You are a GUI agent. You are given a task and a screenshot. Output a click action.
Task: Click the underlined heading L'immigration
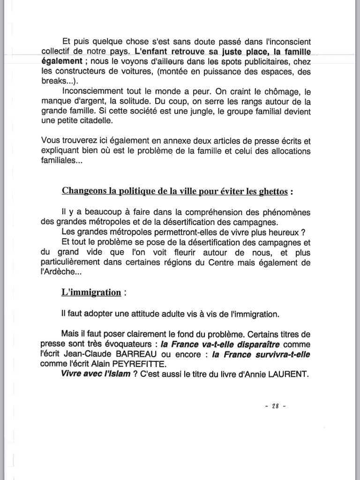(91, 292)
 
